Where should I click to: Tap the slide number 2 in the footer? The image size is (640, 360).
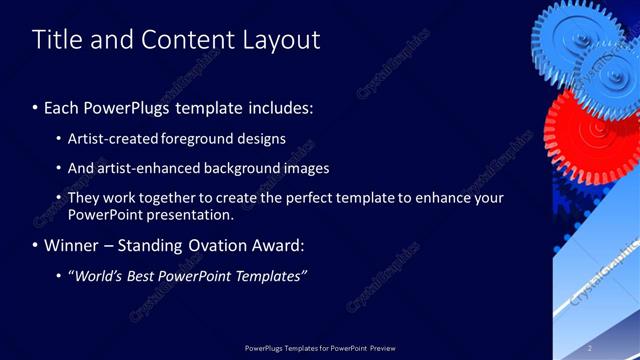click(590, 348)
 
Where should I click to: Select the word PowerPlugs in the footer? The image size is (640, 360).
click(266, 348)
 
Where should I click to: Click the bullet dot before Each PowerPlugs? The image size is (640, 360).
click(36, 107)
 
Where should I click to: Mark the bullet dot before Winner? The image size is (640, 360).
click(36, 245)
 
